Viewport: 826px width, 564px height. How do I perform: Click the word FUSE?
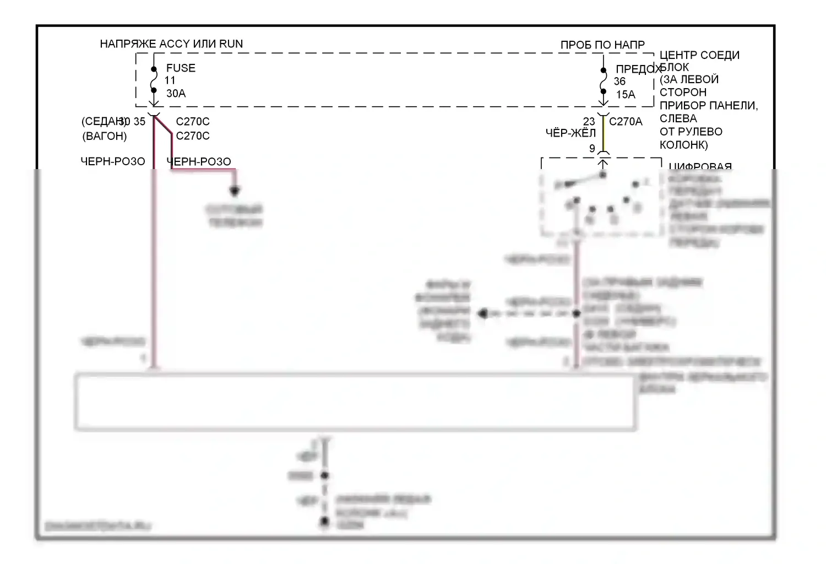pyautogui.click(x=181, y=68)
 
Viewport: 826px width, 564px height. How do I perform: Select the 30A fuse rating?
pyautogui.click(x=176, y=94)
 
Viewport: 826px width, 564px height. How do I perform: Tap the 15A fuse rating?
pyautogui.click(x=626, y=95)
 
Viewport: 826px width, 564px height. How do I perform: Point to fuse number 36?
pyautogui.click(x=619, y=82)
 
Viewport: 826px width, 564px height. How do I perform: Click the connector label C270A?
pyautogui.click(x=626, y=122)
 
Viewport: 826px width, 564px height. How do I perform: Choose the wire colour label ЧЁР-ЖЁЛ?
pyautogui.click(x=570, y=133)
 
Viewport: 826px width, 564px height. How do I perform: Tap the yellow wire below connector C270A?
pyautogui.click(x=604, y=135)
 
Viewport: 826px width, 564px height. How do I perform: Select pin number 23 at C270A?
pyautogui.click(x=589, y=122)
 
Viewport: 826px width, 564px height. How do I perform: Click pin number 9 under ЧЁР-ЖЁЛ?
pyautogui.click(x=592, y=149)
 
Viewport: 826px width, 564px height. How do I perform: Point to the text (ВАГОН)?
pyautogui.click(x=104, y=136)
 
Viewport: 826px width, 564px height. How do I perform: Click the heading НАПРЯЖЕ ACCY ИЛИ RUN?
pyautogui.click(x=171, y=44)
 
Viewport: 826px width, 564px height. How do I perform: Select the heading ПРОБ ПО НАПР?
pyautogui.click(x=602, y=45)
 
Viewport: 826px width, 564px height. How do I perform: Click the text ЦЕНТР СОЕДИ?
pyautogui.click(x=699, y=56)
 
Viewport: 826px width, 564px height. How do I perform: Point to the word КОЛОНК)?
pyautogui.click(x=683, y=145)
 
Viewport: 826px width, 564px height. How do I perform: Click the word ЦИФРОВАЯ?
pyautogui.click(x=700, y=166)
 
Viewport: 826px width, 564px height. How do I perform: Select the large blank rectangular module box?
pyautogui.click(x=355, y=402)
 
